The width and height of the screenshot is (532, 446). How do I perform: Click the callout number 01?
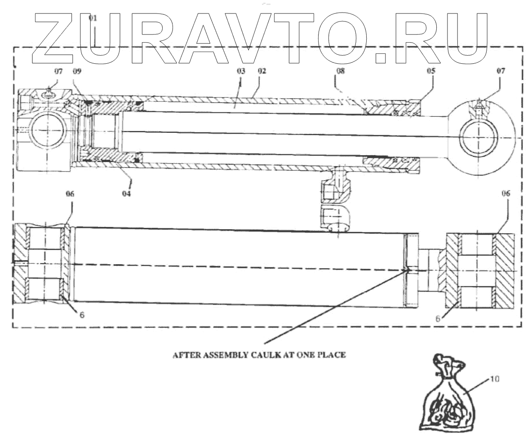(x=93, y=18)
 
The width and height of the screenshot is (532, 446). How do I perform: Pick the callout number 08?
(x=340, y=71)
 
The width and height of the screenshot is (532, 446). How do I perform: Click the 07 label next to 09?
(x=59, y=71)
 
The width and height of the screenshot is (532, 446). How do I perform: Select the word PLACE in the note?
(x=334, y=355)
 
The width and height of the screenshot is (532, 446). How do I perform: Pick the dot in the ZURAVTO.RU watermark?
(x=381, y=58)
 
